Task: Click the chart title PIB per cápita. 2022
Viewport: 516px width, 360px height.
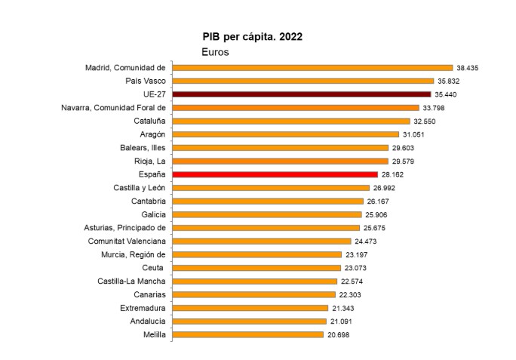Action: pos(253,36)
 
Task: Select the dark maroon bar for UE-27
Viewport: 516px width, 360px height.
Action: pos(302,94)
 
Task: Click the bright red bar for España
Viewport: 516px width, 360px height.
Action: pos(275,174)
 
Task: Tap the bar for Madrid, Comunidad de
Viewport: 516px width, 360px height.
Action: pos(312,67)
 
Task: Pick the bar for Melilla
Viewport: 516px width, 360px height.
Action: pos(247,334)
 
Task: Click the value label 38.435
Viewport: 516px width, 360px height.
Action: pos(468,68)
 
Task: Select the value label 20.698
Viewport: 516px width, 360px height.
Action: pos(339,334)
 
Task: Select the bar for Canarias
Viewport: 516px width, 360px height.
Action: pos(253,294)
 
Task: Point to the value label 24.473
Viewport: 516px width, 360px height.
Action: pos(367,241)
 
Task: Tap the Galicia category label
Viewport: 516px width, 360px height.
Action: pos(151,214)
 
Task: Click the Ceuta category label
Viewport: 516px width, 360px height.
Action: pos(154,267)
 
